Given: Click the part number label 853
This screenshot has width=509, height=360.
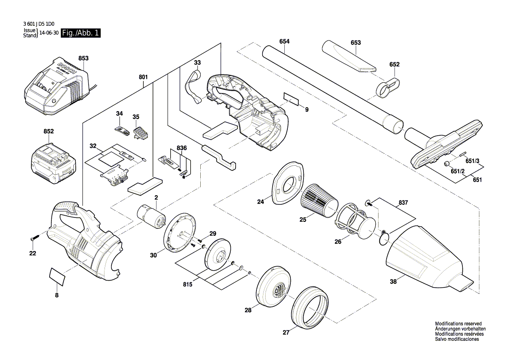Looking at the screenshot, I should pyautogui.click(x=84, y=58).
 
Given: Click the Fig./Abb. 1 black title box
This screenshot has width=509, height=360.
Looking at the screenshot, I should pyautogui.click(x=81, y=33).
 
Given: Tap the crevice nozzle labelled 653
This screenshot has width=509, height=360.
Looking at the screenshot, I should pyautogui.click(x=348, y=57).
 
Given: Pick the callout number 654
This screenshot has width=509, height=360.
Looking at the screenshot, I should pyautogui.click(x=284, y=41).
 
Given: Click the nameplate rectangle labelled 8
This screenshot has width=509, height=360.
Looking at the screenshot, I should pyautogui.click(x=57, y=276).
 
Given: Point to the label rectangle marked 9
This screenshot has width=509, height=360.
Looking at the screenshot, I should pyautogui.click(x=292, y=99).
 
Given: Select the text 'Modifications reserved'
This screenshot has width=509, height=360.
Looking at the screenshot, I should pyautogui.click(x=458, y=324).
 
